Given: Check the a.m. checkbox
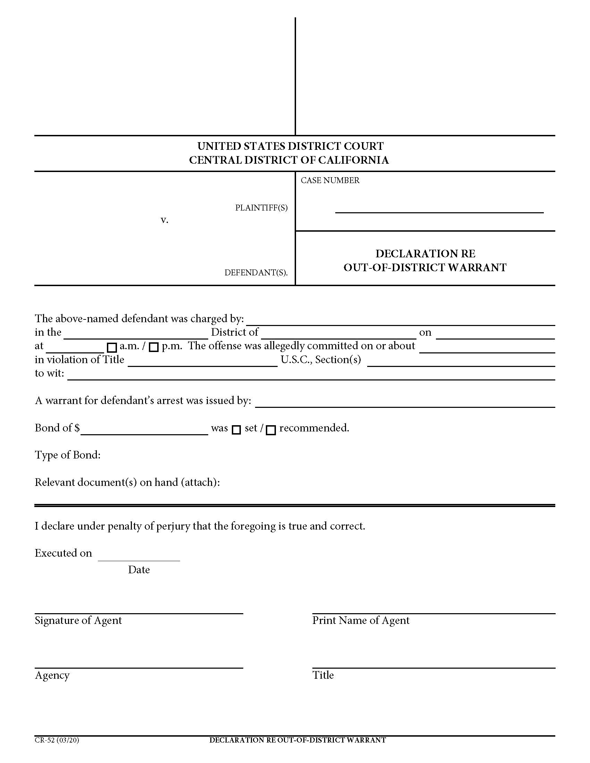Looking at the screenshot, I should (112, 348).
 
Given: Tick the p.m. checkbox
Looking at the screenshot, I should (154, 347).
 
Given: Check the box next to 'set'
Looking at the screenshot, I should (237, 430).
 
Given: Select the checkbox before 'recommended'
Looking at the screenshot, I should (271, 430).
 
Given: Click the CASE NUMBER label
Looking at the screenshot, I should (330, 180).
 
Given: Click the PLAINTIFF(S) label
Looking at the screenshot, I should (261, 208).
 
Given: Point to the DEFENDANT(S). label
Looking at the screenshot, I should (256, 273).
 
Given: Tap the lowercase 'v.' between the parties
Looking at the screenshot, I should (164, 220).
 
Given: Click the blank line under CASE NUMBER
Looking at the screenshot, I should (439, 209).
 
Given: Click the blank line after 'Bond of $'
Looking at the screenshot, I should (144, 431).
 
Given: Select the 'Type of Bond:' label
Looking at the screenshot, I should (67, 455).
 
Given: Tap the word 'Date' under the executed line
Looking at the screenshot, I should (139, 570).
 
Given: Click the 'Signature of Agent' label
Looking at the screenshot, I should (78, 620).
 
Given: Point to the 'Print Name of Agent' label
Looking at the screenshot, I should (361, 620).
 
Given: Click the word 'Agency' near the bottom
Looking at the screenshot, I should (52, 675).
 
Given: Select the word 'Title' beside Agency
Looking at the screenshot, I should (323, 675).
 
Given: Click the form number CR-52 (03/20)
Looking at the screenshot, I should (57, 740).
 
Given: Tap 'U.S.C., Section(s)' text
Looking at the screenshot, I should (321, 360).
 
